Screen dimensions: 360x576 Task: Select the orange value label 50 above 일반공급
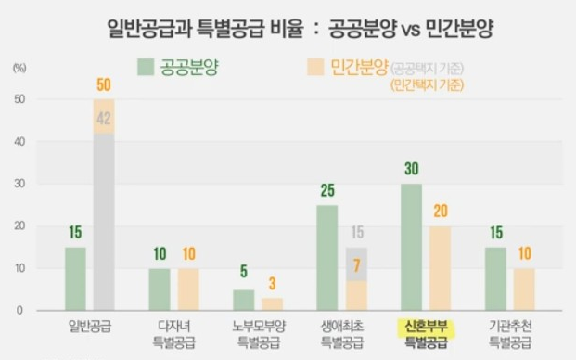104,85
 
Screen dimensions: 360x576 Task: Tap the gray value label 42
104,118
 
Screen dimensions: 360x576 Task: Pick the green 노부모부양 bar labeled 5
244,300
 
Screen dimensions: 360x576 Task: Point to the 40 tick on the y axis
19,142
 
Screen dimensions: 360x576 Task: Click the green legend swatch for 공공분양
146,67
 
